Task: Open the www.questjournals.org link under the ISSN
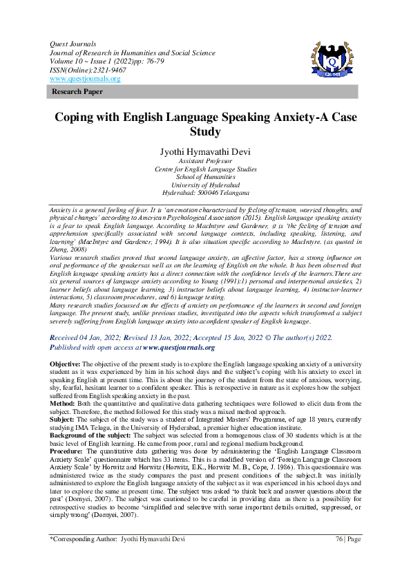tap(84, 79)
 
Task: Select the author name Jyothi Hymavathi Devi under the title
tap(205, 150)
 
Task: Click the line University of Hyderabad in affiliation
tap(205, 185)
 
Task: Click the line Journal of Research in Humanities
tap(132, 53)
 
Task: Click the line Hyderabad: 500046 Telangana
tap(205, 193)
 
